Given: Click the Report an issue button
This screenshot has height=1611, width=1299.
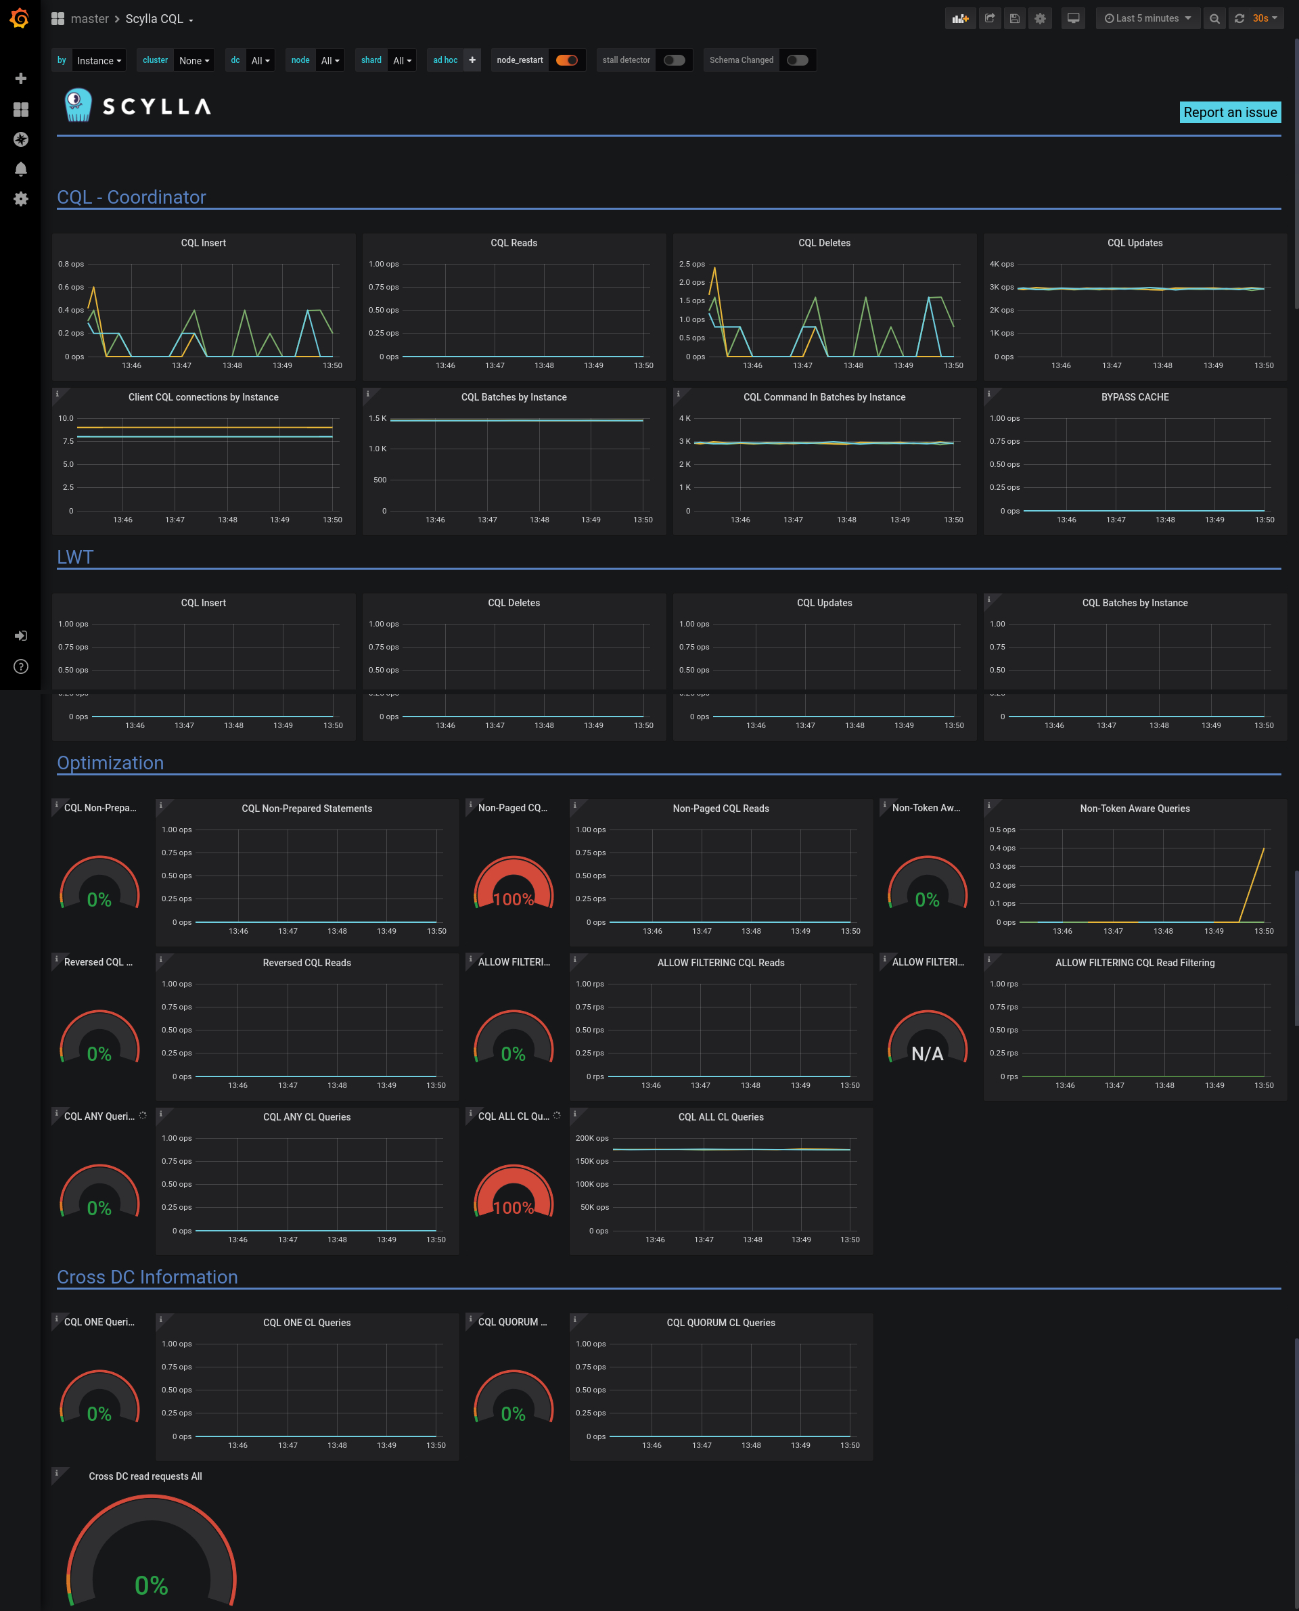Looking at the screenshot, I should pos(1229,112).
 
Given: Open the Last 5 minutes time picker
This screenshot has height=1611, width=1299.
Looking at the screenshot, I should pos(1147,19).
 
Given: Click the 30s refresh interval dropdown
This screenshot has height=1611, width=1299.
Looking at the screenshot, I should pos(1264,19).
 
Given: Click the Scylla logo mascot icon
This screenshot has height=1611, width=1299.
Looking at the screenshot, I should pos(78,106).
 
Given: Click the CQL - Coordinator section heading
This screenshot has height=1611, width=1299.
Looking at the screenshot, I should pos(131,197).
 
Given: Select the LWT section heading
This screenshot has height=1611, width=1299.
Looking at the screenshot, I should pos(75,557).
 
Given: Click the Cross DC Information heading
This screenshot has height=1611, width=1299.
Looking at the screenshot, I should pos(147,1277).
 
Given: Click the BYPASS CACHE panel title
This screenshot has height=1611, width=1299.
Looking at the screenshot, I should pos(1135,397).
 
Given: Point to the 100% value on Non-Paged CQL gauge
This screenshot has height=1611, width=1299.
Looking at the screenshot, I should pos(514,899).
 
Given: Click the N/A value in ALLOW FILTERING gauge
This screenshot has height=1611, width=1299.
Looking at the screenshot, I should pos(927,1053).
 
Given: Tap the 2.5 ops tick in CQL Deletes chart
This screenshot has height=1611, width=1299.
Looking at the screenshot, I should pos(691,264).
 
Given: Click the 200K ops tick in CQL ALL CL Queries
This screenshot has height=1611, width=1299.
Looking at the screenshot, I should pos(591,1138).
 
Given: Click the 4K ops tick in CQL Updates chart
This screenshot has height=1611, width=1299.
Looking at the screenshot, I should pos(1001,264).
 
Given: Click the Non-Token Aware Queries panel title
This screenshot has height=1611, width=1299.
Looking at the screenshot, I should pos(1135,808).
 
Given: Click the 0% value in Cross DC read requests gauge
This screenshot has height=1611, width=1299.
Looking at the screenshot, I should pos(151,1585).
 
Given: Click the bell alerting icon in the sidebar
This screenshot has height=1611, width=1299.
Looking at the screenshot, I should pos(21,169).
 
